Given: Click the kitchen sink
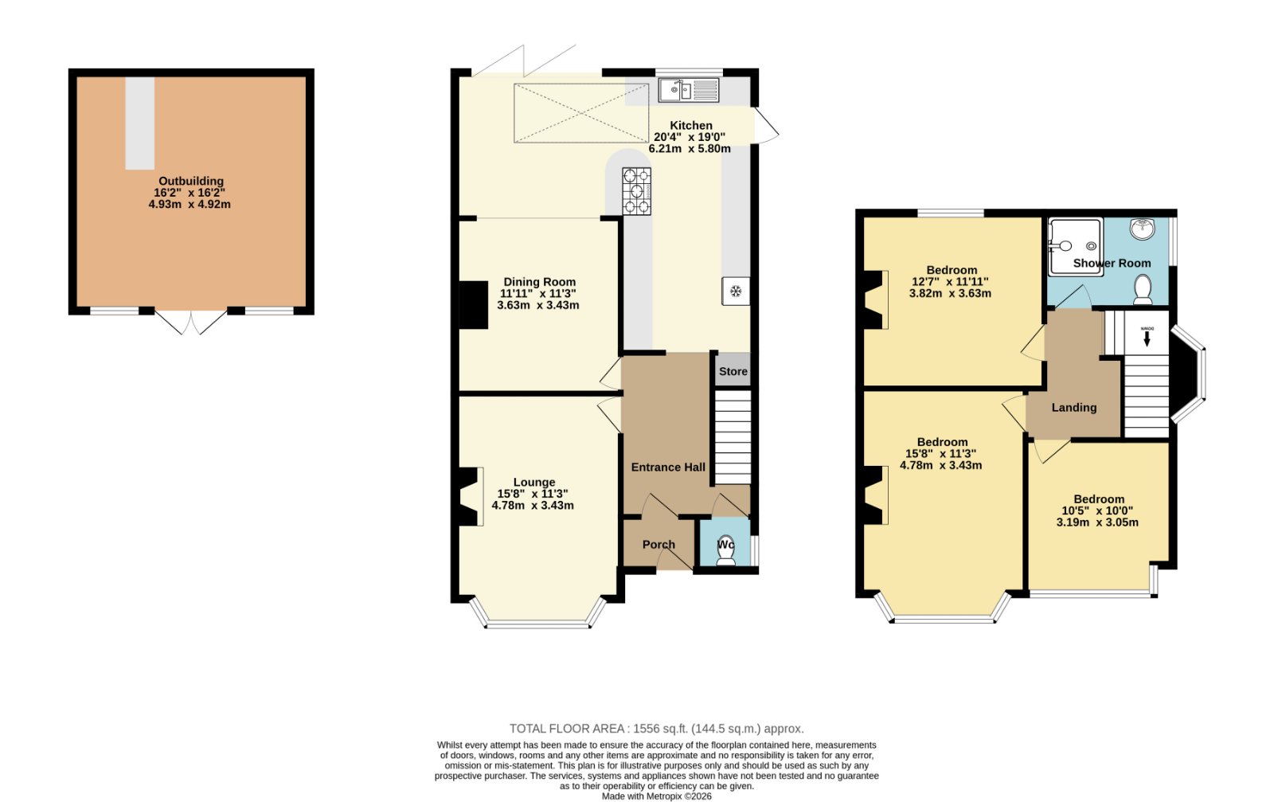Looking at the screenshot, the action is click(688, 90).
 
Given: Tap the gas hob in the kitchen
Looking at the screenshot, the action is click(636, 191).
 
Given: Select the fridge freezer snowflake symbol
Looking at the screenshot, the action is click(736, 291).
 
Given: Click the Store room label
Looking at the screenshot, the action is click(733, 371).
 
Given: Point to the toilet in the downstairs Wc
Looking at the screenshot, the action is click(725, 550).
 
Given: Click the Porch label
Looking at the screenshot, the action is click(658, 544).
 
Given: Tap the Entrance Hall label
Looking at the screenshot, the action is click(668, 467).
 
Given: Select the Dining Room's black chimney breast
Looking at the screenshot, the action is click(473, 305).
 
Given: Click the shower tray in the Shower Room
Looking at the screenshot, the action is click(1076, 246).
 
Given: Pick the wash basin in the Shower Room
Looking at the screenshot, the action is click(1142, 229).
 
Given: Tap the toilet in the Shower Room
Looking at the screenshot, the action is click(1143, 290).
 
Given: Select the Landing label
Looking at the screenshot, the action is click(1074, 407).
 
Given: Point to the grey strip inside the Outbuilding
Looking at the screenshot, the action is click(140, 123).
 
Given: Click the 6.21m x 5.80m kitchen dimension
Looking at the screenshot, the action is click(690, 148).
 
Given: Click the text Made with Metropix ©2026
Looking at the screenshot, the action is click(657, 796).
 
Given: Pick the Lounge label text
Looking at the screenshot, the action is click(534, 483).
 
